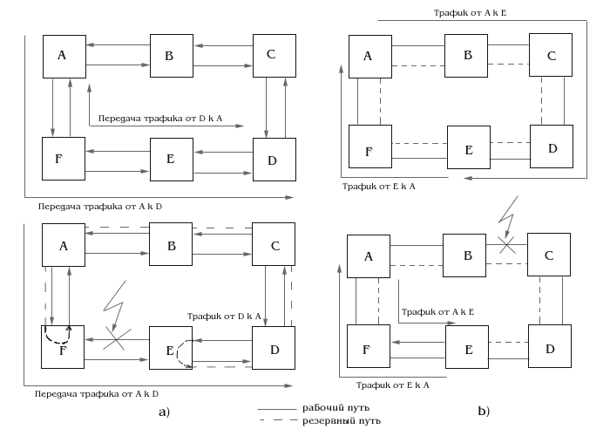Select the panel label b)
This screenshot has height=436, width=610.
pos(484,411)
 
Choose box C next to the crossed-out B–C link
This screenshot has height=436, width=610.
pos(549,255)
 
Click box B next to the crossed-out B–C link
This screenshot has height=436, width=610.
pos(468,255)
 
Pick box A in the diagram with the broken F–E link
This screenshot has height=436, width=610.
pos(64,245)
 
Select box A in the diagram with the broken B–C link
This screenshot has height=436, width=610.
pos(368,255)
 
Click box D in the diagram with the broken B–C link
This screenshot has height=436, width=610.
pos(549,348)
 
